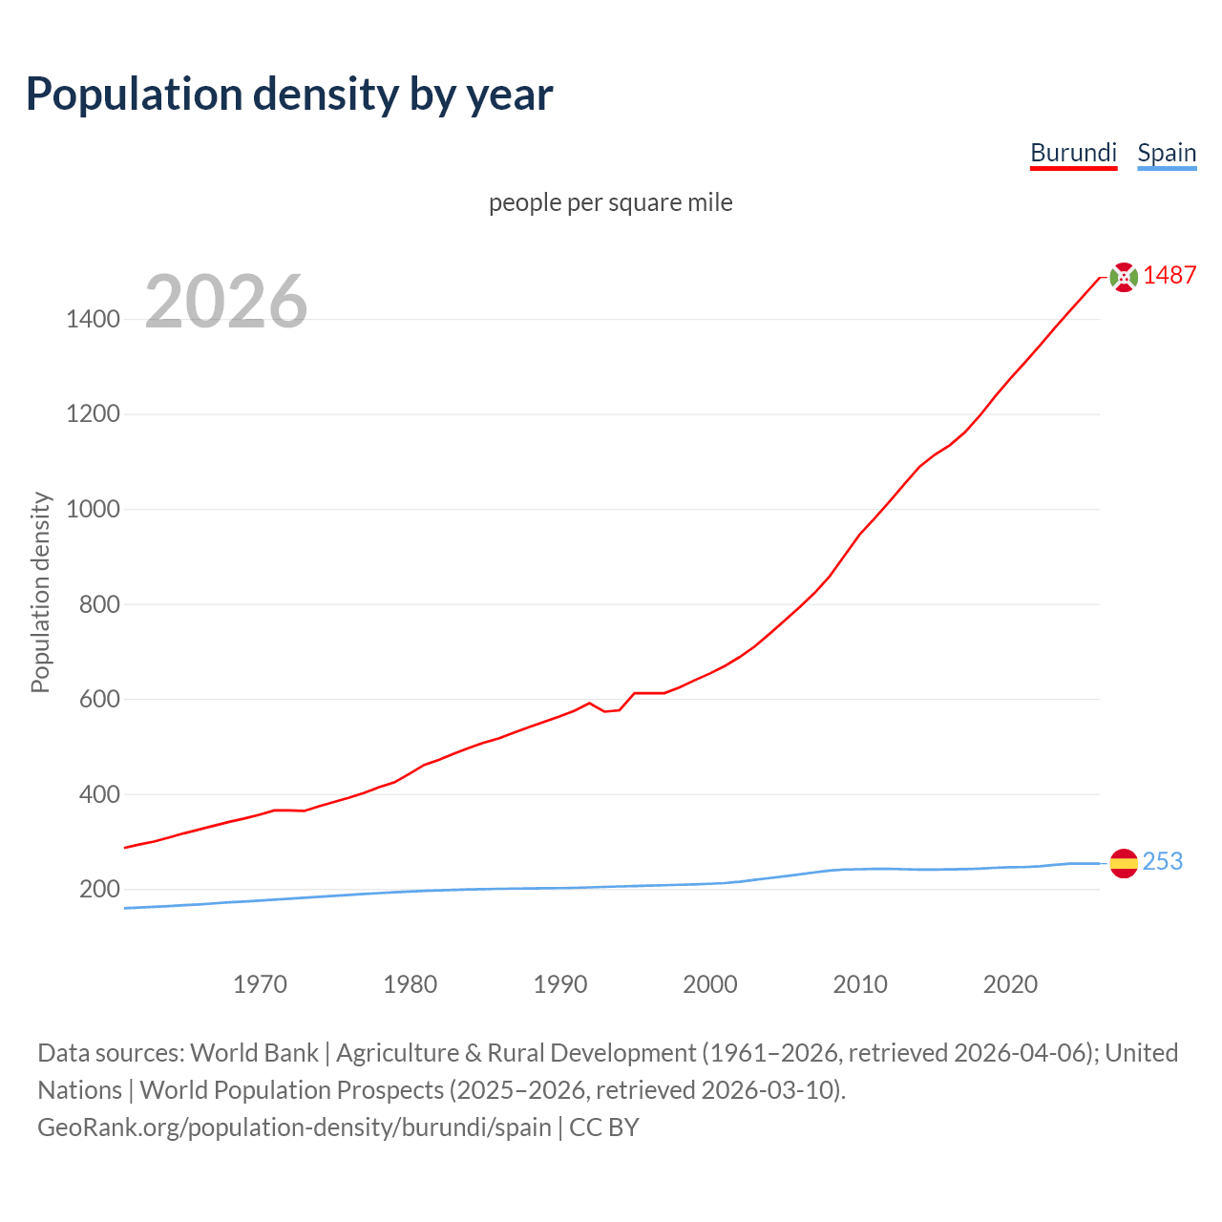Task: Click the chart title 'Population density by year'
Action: click(x=289, y=95)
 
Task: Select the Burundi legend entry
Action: click(x=1073, y=153)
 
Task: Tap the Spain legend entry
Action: click(x=1167, y=153)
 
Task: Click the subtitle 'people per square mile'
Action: click(x=610, y=202)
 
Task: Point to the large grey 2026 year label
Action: click(x=226, y=302)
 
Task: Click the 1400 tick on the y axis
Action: click(x=93, y=319)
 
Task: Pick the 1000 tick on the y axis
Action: click(x=93, y=509)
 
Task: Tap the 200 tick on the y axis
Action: click(x=99, y=890)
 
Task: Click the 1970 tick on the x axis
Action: click(x=260, y=984)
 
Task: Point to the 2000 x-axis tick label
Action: click(x=710, y=984)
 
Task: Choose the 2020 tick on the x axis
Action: click(x=1010, y=984)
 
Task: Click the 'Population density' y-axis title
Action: click(x=40, y=592)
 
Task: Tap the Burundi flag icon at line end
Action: click(x=1124, y=277)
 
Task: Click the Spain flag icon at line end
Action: click(x=1124, y=863)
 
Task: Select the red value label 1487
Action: click(x=1169, y=276)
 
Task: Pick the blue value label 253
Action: click(x=1162, y=861)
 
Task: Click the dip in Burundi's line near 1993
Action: click(x=605, y=711)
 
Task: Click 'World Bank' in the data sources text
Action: click(x=254, y=1053)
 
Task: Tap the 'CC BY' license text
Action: click(x=603, y=1127)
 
